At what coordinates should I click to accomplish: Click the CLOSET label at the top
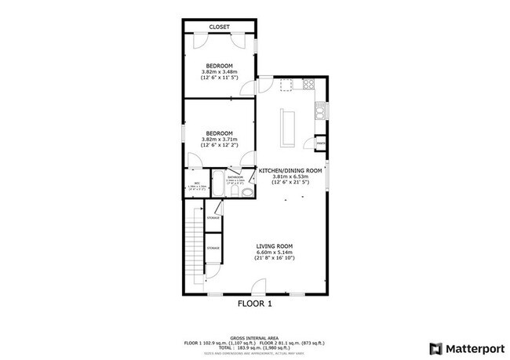pos(219,27)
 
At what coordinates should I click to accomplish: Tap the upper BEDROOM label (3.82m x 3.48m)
pos(219,65)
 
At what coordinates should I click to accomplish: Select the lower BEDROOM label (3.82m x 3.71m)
pos(219,133)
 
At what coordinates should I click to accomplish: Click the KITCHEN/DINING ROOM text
pos(291,170)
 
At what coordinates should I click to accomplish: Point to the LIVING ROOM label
pos(273,246)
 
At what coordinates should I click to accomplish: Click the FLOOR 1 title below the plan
pos(254,303)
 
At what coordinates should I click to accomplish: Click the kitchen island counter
pos(287,125)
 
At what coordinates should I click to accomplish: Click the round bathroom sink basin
pos(247,191)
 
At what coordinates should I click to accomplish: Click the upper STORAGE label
pos(213,217)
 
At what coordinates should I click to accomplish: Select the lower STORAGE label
pos(213,248)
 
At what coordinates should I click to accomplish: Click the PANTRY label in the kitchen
pos(320,144)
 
